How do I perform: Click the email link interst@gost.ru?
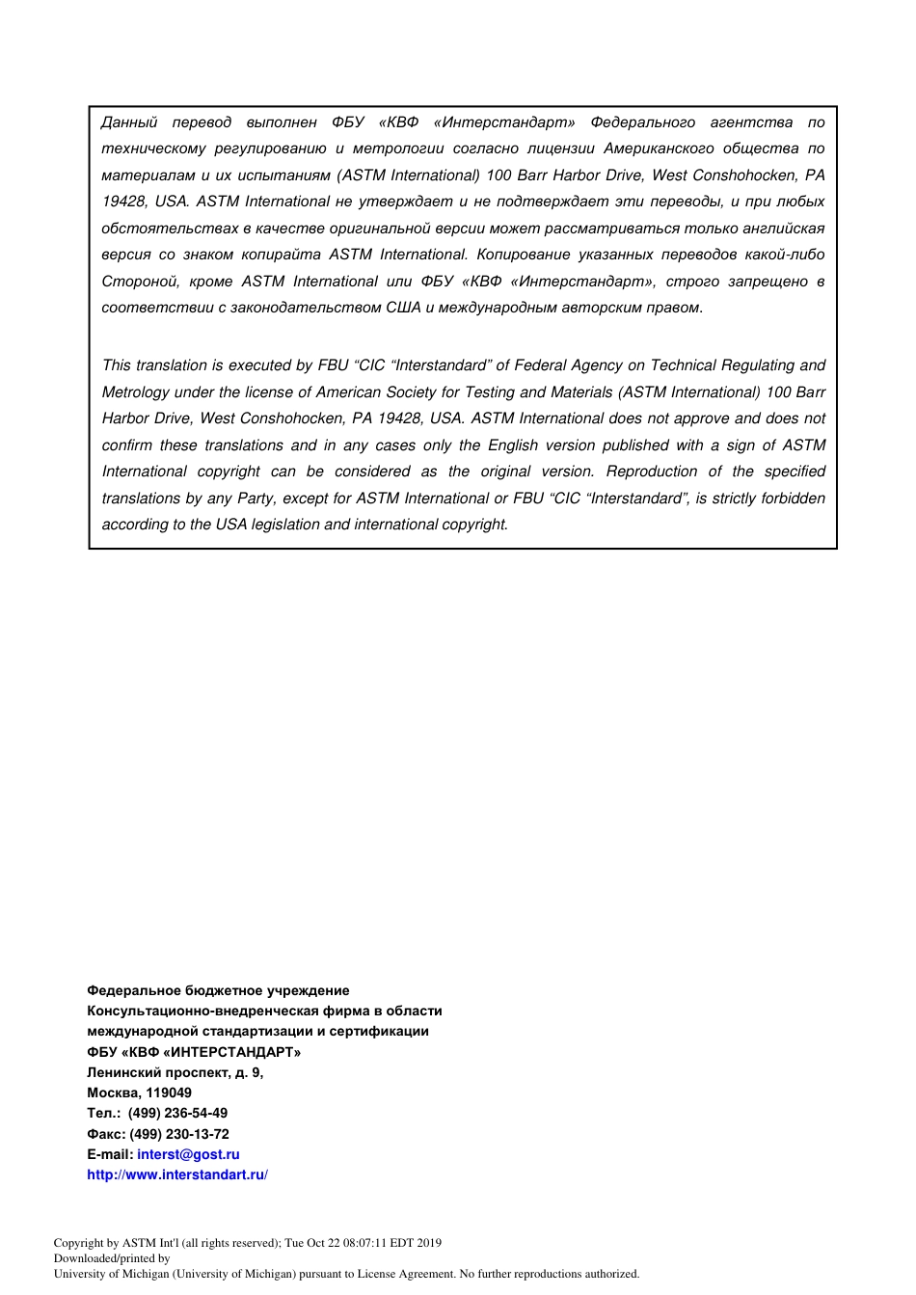point(188,1154)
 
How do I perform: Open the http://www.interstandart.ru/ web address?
point(176,1174)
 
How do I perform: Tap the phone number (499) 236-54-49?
point(177,1113)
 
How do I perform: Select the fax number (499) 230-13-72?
point(179,1134)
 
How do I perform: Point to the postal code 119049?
point(169,1093)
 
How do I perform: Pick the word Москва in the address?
point(113,1093)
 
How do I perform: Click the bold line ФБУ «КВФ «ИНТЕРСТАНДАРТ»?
point(194,1052)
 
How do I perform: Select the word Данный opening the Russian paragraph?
point(129,122)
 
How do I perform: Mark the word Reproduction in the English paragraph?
point(652,472)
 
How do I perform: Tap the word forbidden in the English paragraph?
point(792,499)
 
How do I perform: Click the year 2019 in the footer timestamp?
point(425,1243)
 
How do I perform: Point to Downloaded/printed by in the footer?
point(112,1258)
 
